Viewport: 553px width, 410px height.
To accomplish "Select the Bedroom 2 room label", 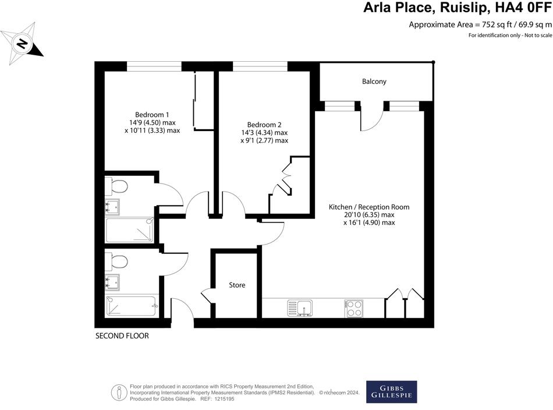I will (x=264, y=125).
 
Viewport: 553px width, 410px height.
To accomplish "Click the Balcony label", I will (x=374, y=82).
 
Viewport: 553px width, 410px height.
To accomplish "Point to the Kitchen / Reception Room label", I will (x=369, y=207).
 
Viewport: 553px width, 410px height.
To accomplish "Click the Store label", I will (x=237, y=285).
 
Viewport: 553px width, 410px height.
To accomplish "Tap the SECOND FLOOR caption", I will (x=122, y=336).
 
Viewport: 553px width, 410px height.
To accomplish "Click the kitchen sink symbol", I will (x=300, y=307).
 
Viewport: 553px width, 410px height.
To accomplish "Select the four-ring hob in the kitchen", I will (x=354, y=307).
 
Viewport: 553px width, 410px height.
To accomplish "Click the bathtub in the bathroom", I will (x=131, y=305).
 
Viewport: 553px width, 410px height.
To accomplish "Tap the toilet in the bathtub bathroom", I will (x=119, y=261).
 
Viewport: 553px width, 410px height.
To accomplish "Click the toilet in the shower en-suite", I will (x=119, y=186).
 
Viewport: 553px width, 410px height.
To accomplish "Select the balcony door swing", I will (x=371, y=117).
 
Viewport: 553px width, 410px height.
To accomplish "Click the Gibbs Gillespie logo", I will (x=391, y=391).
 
